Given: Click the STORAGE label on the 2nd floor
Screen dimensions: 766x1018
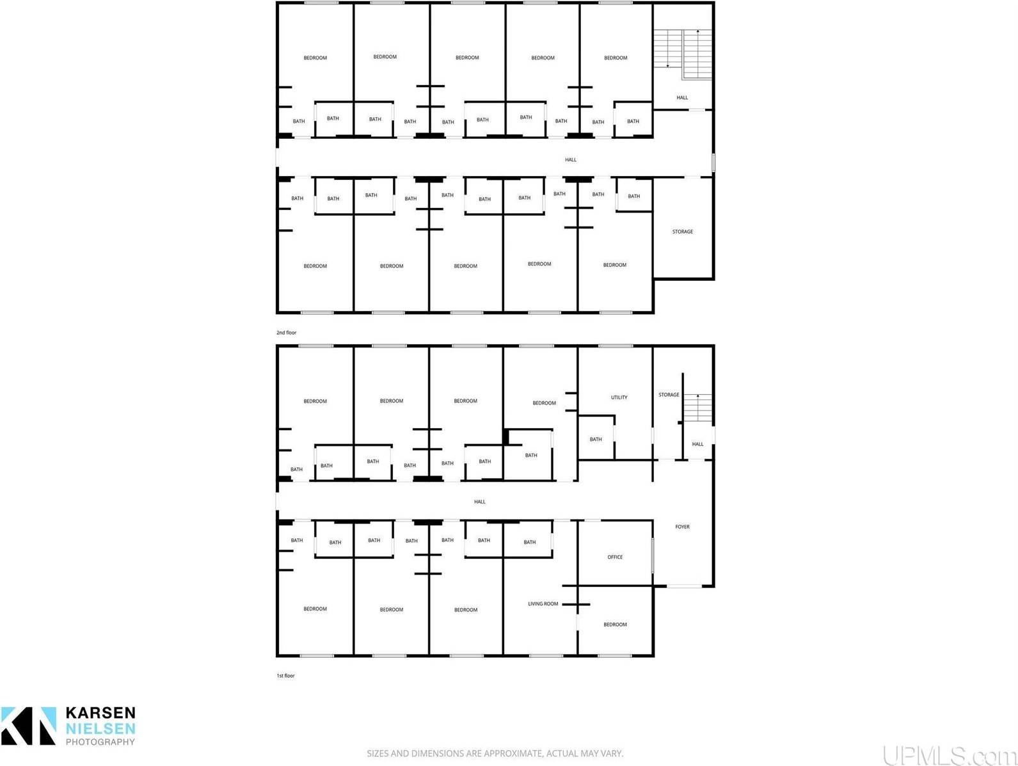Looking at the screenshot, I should click(x=682, y=232).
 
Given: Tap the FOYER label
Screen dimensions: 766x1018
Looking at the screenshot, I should click(x=682, y=527).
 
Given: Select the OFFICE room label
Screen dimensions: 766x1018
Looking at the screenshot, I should click(x=615, y=557).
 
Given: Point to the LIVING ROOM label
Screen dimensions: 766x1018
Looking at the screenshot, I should click(x=543, y=603).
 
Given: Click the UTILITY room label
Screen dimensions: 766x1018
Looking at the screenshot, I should click(x=619, y=397).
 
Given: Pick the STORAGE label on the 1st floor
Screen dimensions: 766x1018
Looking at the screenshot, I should click(x=669, y=395).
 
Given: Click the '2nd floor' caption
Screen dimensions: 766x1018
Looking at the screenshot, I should click(x=286, y=333).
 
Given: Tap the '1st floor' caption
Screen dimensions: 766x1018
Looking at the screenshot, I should click(x=285, y=676).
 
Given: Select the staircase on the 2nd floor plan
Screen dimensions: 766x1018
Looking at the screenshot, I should click(x=683, y=54).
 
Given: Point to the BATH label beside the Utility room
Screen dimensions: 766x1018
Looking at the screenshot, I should click(x=596, y=440).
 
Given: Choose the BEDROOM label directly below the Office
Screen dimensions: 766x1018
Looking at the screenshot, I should click(x=615, y=625).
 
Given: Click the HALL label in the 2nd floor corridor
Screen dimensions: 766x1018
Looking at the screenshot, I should click(x=570, y=160).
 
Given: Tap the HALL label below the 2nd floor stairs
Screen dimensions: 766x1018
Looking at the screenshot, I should click(x=682, y=98).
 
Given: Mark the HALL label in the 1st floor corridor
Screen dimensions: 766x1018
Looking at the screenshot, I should click(x=479, y=502).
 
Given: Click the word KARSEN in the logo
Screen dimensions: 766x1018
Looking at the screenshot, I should click(x=100, y=714).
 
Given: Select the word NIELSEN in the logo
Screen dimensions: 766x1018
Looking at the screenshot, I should click(x=100, y=728).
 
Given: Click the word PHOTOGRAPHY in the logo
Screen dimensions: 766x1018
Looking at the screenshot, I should click(x=100, y=742).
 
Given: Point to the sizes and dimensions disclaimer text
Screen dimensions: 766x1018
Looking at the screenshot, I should click(x=495, y=754).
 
